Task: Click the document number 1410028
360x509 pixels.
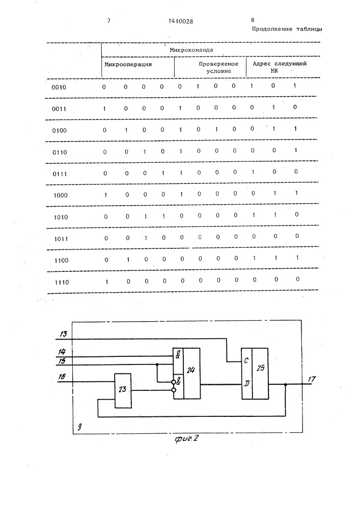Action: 181,21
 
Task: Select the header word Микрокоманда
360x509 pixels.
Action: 191,50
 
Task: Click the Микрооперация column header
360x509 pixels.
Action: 128,64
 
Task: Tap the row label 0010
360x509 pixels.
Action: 59,88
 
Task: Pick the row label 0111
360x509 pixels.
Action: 60,174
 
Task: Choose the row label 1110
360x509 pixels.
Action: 62,282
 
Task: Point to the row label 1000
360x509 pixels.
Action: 61,195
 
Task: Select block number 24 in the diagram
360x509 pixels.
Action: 190,370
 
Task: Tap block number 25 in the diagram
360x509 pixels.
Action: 260,368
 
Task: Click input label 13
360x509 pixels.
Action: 63,333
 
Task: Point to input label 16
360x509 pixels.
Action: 62,377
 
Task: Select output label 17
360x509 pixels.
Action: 312,379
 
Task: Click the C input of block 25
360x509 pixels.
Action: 246,361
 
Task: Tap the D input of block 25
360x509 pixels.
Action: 246,384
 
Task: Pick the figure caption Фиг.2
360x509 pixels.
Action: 187,439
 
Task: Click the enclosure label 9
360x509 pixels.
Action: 79,427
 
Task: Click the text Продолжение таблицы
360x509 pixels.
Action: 287,29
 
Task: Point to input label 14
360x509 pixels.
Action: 62,352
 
